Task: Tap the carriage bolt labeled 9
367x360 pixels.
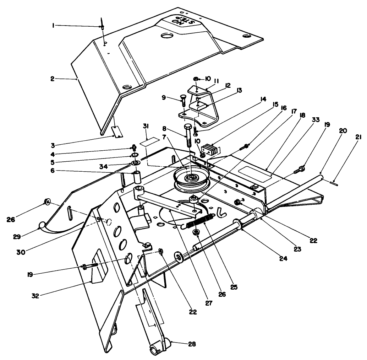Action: click(184, 100)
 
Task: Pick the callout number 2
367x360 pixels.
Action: click(52, 79)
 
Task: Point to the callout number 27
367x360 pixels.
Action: click(208, 303)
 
